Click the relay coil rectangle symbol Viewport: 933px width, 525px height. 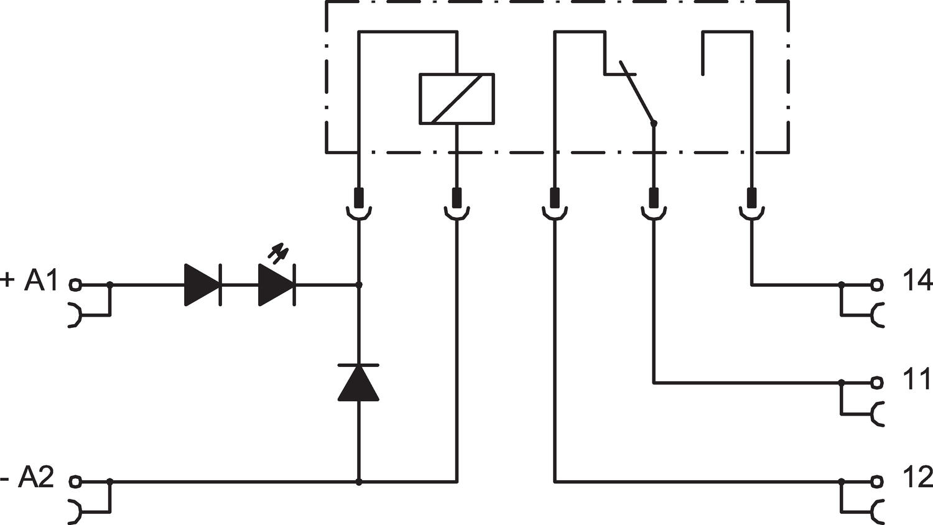pos(457,99)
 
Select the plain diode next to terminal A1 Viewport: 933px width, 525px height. pos(203,285)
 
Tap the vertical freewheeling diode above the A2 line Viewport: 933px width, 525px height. pos(358,382)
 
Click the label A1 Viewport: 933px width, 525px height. pos(40,281)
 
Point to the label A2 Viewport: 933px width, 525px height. pos(36,478)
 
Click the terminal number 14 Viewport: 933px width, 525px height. pos(917,281)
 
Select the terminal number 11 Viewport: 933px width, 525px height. pos(916,379)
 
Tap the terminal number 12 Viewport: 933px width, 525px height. pos(917,478)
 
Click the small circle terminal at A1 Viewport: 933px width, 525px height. pos(75,285)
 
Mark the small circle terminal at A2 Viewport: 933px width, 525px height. pos(75,481)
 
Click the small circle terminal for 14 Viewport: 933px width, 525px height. pos(877,285)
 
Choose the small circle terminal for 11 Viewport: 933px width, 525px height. pos(877,382)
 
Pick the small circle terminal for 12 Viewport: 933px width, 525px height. pos(877,481)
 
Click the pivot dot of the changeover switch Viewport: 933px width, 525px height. pos(653,124)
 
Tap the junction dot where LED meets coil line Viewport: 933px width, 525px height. pos(358,285)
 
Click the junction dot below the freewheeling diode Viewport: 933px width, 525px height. pos(358,481)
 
